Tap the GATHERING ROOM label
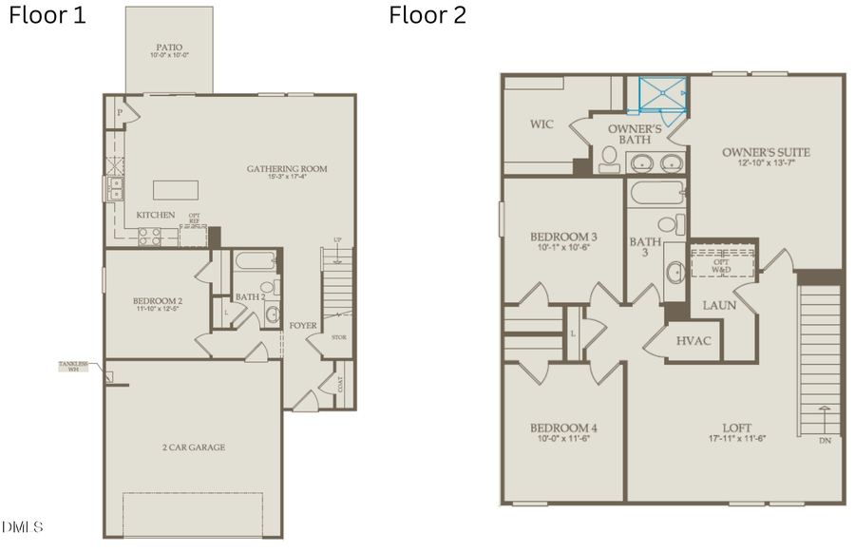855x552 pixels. (287, 169)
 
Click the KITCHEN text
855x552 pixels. (156, 215)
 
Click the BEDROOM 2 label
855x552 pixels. (158, 302)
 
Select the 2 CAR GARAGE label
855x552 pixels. (193, 447)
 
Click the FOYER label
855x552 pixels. (304, 325)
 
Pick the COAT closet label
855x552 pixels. (340, 384)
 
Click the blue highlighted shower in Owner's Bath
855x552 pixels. (664, 93)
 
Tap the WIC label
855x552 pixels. (541, 124)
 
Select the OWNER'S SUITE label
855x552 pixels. (766, 152)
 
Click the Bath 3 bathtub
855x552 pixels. (655, 197)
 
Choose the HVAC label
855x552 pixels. (693, 340)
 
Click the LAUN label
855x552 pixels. (719, 305)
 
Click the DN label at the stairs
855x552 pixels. (825, 442)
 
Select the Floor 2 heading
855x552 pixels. (427, 16)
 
